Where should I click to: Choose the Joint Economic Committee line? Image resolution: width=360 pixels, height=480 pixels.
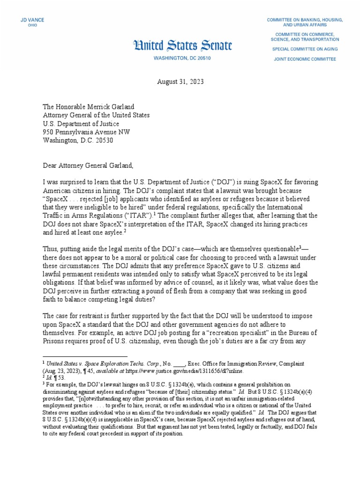pyautogui.click(x=305, y=59)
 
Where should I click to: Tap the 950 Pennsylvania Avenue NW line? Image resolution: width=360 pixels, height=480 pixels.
pyautogui.click(x=86, y=132)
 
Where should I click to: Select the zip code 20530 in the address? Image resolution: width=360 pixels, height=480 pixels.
pyautogui.click(x=103, y=141)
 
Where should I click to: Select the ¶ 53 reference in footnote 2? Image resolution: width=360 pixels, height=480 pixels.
pyautogui.click(x=57, y=376)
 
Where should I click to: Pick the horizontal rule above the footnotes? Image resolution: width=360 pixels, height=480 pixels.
pyautogui.click(x=84, y=356)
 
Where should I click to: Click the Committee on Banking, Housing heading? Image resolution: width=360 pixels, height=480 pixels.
pyautogui.click(x=305, y=22)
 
